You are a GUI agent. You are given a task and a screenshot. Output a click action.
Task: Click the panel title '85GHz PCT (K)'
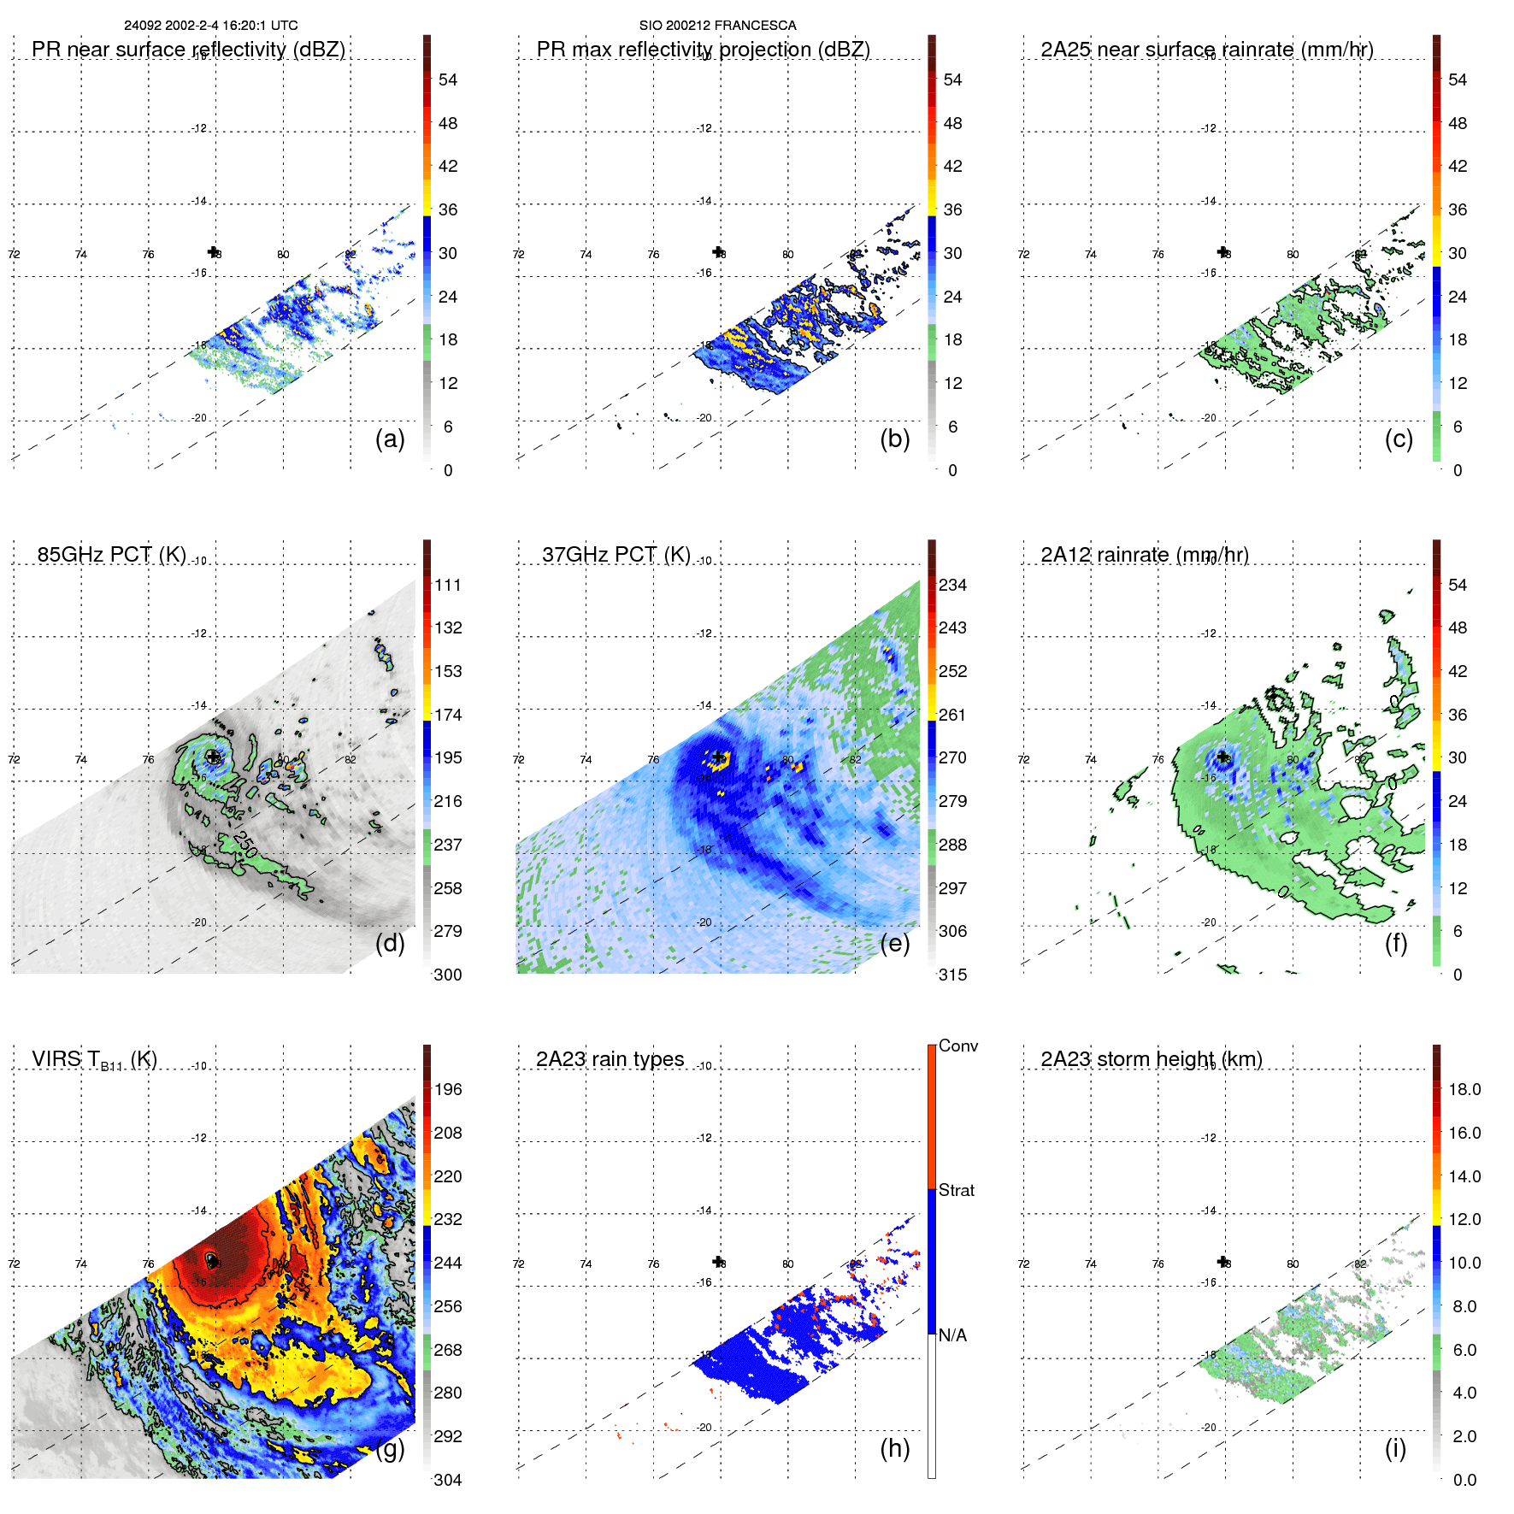[111, 555]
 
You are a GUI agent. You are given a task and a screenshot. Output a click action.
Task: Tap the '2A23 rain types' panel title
[610, 1059]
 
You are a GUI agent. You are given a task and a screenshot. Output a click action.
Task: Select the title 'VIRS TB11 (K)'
[94, 1060]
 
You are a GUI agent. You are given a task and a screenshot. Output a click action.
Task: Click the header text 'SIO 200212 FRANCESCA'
[717, 26]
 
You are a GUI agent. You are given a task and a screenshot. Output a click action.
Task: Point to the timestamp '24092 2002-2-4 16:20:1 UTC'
[210, 26]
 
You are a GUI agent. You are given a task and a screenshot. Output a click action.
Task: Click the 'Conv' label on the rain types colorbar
[957, 1046]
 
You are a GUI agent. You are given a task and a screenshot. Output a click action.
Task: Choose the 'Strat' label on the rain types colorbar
[956, 1190]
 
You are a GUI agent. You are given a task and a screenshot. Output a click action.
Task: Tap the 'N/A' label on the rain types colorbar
[952, 1335]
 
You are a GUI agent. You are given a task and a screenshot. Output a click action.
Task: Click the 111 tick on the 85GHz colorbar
[448, 586]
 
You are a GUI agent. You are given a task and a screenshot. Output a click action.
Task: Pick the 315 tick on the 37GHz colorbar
[952, 975]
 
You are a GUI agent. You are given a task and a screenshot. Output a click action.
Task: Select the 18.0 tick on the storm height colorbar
[1464, 1090]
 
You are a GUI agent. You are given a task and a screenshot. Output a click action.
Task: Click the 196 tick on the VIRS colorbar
[448, 1090]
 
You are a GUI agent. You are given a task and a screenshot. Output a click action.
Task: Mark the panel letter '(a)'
[390, 439]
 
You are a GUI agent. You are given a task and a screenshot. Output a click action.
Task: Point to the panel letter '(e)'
[894, 943]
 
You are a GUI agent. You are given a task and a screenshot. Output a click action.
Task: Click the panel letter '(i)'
[1395, 1448]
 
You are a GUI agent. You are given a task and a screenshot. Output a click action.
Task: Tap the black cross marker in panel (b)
[718, 252]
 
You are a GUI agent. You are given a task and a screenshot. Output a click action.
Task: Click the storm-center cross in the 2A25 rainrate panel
[1222, 252]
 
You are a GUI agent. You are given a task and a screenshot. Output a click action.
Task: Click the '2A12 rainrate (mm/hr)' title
[1144, 555]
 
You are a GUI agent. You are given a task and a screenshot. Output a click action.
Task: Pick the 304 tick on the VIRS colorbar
[448, 1480]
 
